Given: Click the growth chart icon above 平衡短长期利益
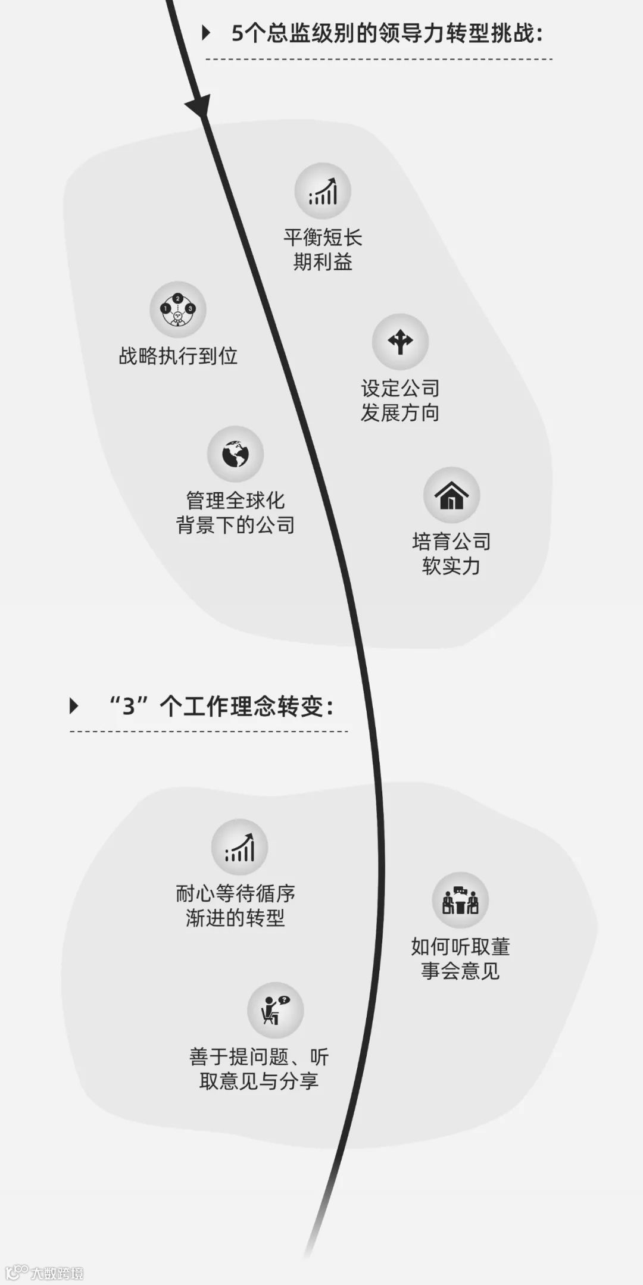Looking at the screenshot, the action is tap(323, 191).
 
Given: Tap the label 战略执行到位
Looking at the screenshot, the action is tap(178, 356).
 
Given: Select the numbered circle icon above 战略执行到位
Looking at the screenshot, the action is tap(177, 309).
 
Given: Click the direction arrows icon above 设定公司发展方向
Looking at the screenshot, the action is tap(400, 342).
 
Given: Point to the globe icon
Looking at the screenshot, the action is tap(235, 454).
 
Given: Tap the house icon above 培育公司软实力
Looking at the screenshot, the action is tap(451, 495).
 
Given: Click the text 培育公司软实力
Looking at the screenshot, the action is tap(451, 554).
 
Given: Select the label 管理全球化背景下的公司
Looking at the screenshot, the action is tap(235, 512).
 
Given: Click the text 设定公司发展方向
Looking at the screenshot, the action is tap(400, 401).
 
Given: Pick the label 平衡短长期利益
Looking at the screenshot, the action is tap(323, 250).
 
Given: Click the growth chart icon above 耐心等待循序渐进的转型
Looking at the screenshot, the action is tap(239, 847).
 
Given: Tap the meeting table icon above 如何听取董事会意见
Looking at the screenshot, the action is tap(460, 901).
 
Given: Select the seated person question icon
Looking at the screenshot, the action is tap(275, 1010).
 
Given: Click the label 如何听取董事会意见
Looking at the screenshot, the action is tap(460, 959).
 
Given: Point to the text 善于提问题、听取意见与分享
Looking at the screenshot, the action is tap(259, 1069).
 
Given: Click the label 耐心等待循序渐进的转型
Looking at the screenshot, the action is tap(235, 906).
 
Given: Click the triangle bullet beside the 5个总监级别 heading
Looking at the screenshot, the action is tap(206, 33).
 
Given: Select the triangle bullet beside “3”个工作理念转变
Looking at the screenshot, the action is tap(74, 706).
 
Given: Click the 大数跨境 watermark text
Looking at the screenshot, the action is tap(57, 1273).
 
